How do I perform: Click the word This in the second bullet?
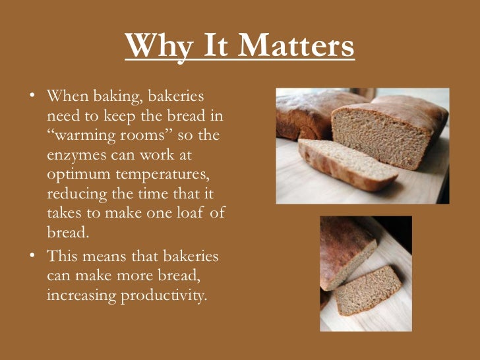[x=63, y=256]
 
